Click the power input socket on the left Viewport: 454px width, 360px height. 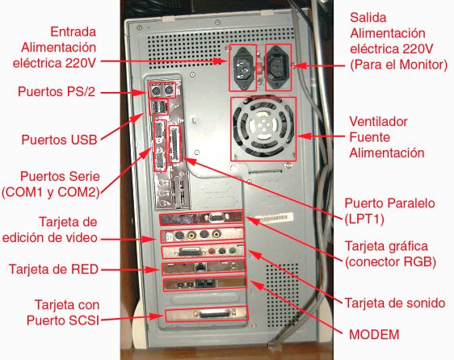click(x=242, y=67)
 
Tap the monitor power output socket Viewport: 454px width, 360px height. click(x=278, y=67)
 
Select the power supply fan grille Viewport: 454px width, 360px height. click(x=263, y=128)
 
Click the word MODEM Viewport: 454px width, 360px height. click(x=374, y=334)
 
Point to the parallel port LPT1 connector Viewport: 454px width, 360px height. click(x=174, y=144)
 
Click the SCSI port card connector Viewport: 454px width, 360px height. click(x=214, y=314)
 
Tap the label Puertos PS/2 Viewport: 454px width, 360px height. click(x=57, y=91)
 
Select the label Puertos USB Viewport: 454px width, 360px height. click(x=59, y=140)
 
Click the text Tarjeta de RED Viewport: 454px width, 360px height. click(x=53, y=269)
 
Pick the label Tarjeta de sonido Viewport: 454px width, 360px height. click(x=395, y=303)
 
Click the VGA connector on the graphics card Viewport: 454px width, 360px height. click(x=216, y=218)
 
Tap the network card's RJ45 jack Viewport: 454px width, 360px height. click(x=200, y=267)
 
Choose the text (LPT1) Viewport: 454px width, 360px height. click(x=364, y=219)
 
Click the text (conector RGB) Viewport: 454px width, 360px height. click(x=390, y=262)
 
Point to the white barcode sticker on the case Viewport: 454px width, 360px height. click(x=274, y=217)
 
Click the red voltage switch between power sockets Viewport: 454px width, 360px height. click(x=259, y=68)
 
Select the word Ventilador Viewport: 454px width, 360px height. click(x=378, y=122)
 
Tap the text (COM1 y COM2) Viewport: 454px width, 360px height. click(x=51, y=192)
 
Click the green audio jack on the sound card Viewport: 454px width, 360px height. click(x=232, y=250)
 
